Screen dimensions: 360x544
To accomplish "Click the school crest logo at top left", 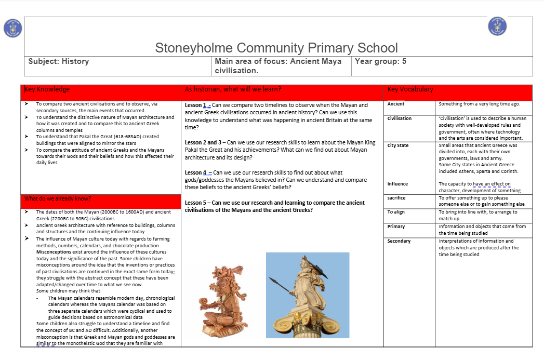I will (x=12, y=28).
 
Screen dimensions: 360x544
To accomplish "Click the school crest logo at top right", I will (x=497, y=26).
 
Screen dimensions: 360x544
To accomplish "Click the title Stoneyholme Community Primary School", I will (x=276, y=48).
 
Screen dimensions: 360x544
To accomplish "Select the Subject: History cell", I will (x=59, y=61).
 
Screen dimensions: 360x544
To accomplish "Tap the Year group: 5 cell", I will (x=380, y=61).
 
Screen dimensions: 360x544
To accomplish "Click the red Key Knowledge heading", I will (x=47, y=89).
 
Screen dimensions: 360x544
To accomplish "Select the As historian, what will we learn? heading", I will (x=233, y=89).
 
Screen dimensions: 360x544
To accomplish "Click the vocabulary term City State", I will (x=398, y=145).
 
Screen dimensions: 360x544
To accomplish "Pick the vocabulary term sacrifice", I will (x=396, y=198).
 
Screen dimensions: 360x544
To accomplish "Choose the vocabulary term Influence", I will (x=397, y=184).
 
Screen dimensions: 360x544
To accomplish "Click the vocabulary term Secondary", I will (x=399, y=241).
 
